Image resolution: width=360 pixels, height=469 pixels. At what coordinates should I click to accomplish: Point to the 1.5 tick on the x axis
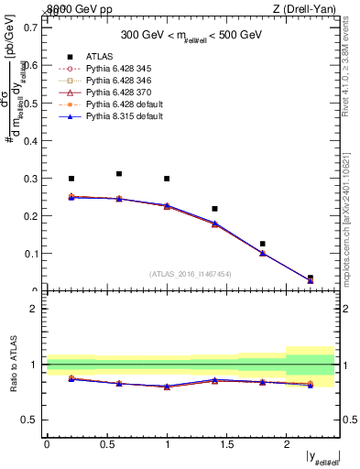pos(226,445)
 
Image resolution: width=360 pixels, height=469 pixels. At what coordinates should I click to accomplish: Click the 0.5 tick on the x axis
pos(106,445)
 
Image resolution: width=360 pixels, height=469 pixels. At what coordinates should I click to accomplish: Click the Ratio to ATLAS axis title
pos(13,365)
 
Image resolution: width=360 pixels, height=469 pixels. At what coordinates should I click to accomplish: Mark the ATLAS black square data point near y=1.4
pos(214,209)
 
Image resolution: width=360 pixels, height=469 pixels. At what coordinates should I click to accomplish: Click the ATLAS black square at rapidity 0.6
pos(119,173)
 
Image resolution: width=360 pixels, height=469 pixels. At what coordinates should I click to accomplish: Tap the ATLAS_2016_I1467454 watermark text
pos(190,274)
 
